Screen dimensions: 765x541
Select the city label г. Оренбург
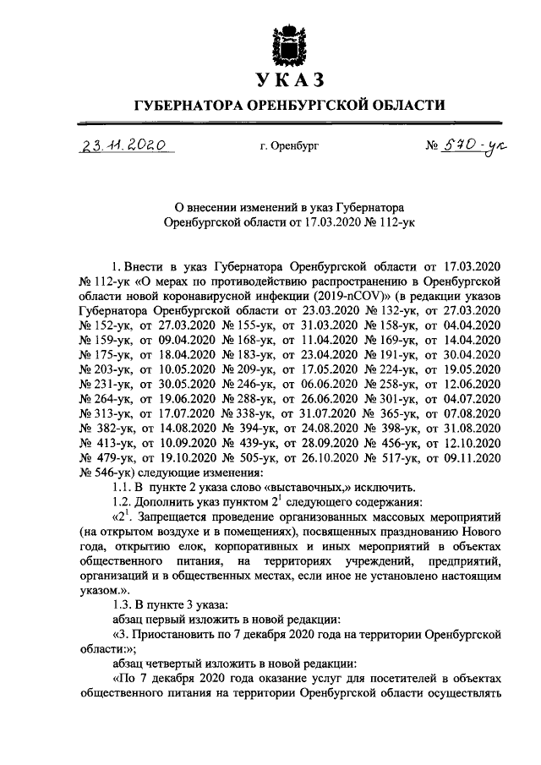pos(290,146)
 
